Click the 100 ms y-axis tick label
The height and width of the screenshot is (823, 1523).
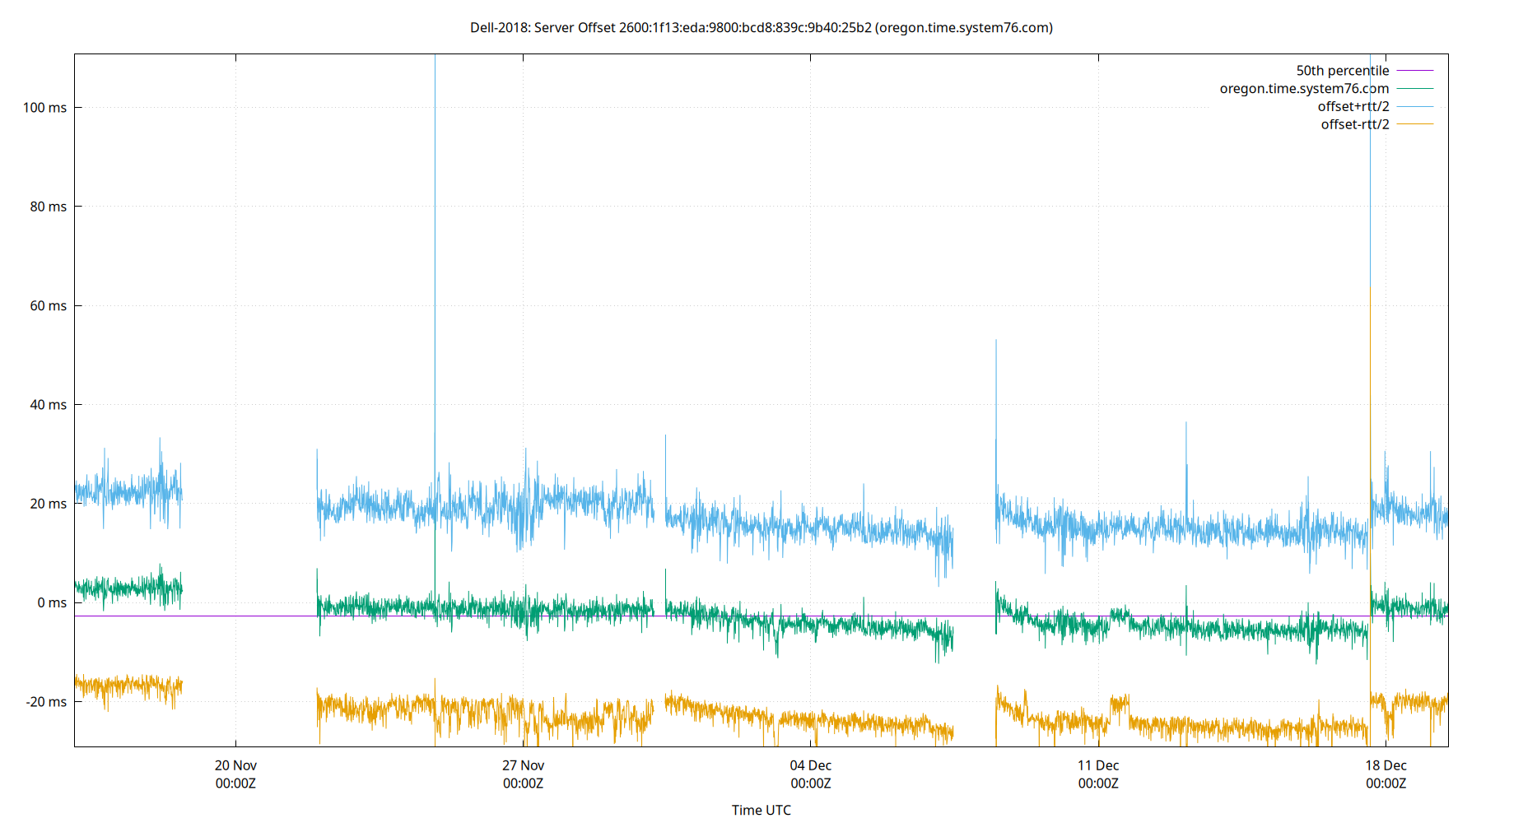(44, 108)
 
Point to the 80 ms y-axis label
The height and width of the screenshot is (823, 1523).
(48, 207)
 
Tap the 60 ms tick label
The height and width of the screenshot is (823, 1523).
(48, 306)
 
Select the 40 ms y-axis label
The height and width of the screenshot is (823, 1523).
(48, 405)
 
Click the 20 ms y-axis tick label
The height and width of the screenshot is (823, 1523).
(48, 504)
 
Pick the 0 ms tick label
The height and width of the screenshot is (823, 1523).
(51, 602)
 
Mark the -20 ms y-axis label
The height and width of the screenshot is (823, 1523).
(46, 702)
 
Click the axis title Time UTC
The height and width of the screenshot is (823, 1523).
(761, 810)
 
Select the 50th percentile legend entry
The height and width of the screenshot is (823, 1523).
(1342, 71)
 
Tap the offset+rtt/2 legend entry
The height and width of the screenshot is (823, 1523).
(1353, 107)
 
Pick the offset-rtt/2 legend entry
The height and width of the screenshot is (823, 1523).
(1354, 125)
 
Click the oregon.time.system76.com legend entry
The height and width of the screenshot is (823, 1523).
(1304, 89)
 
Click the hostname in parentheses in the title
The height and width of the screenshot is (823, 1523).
(964, 28)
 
